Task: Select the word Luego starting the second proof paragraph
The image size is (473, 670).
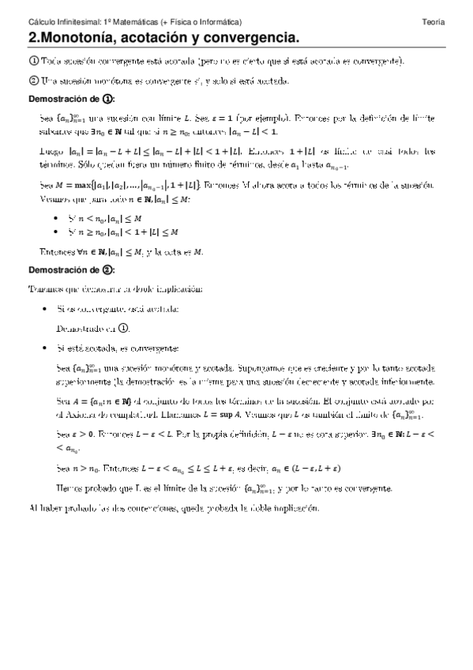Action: [x=51, y=150]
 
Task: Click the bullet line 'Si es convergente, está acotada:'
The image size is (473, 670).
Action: [x=118, y=308]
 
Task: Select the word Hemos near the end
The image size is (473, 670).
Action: [x=72, y=487]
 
